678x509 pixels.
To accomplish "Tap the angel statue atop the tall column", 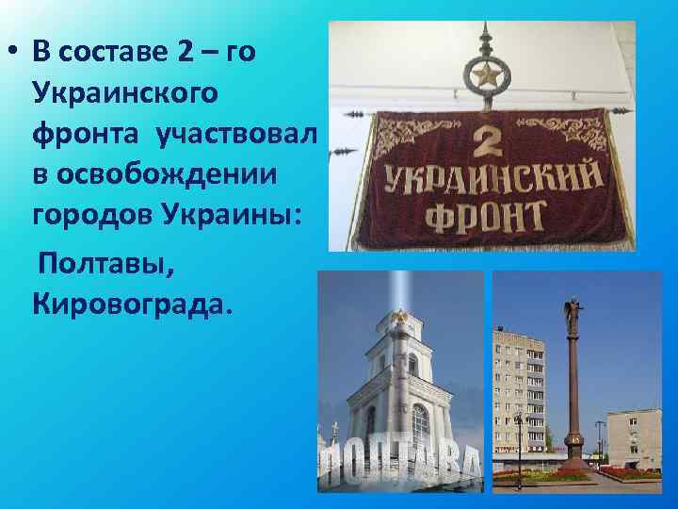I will click(x=573, y=312).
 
